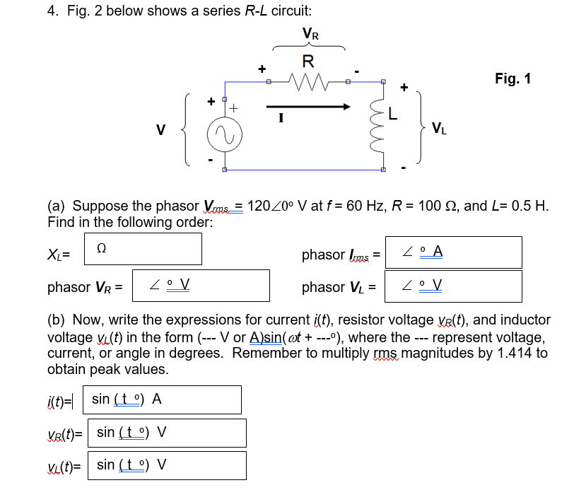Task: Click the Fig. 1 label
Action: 513,78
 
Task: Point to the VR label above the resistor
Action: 310,33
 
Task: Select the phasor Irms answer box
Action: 453,252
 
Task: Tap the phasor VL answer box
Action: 453,286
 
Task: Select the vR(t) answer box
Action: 166,432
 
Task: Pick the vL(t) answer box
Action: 166,465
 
